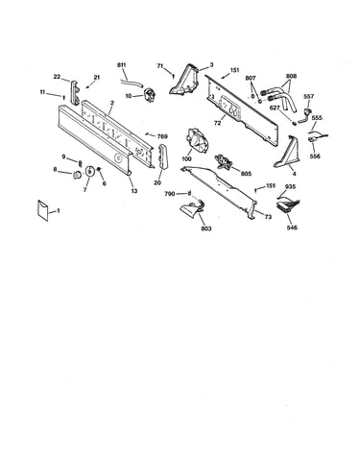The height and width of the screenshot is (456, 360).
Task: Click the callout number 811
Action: [x=122, y=65]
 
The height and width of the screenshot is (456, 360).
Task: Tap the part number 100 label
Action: [x=186, y=158]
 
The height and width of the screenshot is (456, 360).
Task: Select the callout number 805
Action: [x=246, y=174]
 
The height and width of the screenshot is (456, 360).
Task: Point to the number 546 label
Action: [x=292, y=228]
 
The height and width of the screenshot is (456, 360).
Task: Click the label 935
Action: [x=290, y=186]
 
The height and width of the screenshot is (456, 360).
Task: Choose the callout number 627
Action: [x=275, y=108]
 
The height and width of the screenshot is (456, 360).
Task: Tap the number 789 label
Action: [x=162, y=136]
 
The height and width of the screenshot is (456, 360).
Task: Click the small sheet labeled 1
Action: [x=42, y=210]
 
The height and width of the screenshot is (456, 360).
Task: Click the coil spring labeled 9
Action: [x=81, y=164]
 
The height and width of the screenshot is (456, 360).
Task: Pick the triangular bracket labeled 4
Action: [x=286, y=152]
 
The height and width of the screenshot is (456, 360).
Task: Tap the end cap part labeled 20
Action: [x=161, y=156]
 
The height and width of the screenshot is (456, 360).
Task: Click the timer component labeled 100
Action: [x=196, y=142]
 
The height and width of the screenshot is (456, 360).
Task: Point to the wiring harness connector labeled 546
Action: [x=288, y=206]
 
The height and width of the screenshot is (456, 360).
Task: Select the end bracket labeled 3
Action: [x=185, y=80]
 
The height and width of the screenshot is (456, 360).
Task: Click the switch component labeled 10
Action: [x=150, y=95]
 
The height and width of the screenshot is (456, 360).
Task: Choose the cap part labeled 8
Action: [x=77, y=175]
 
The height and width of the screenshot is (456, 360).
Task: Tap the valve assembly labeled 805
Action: [x=224, y=160]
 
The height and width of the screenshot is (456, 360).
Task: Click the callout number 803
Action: [x=206, y=228]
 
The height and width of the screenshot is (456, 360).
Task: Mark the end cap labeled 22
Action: [x=75, y=92]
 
